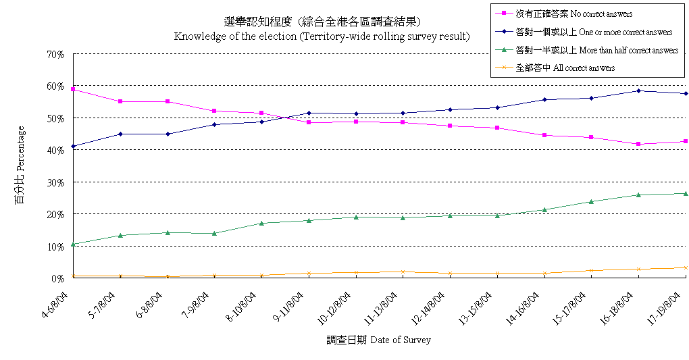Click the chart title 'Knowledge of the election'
coord(322,36)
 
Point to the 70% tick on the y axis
coord(55,54)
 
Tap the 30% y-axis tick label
coord(55,182)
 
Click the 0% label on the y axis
coord(58,278)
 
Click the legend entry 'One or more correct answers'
coord(593,32)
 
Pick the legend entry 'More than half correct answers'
coord(596,50)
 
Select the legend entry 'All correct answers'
coord(565,68)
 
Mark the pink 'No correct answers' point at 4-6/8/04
coord(73,89)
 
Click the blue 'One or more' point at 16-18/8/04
coord(638,91)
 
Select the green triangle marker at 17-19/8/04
coord(686,193)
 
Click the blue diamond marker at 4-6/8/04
coord(73,146)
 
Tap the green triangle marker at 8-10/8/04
coord(261,223)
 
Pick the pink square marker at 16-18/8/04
coord(638,144)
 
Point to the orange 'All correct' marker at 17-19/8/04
coord(686,267)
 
